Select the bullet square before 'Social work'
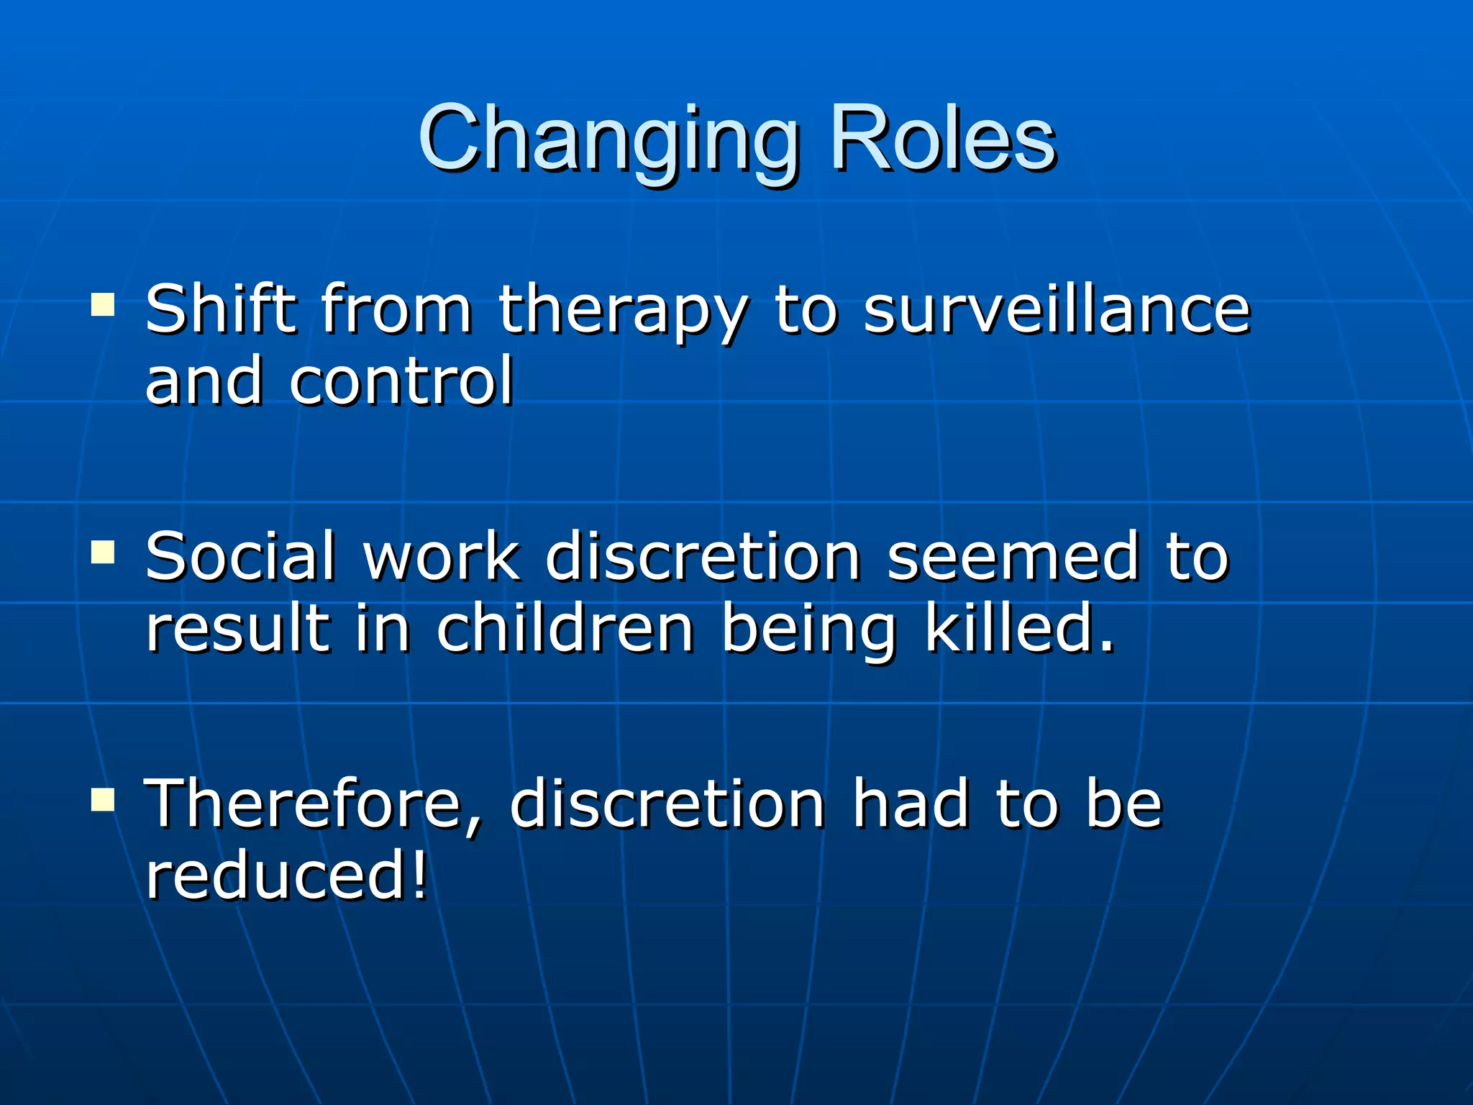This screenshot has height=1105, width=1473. [103, 552]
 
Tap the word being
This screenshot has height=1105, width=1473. [808, 630]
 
